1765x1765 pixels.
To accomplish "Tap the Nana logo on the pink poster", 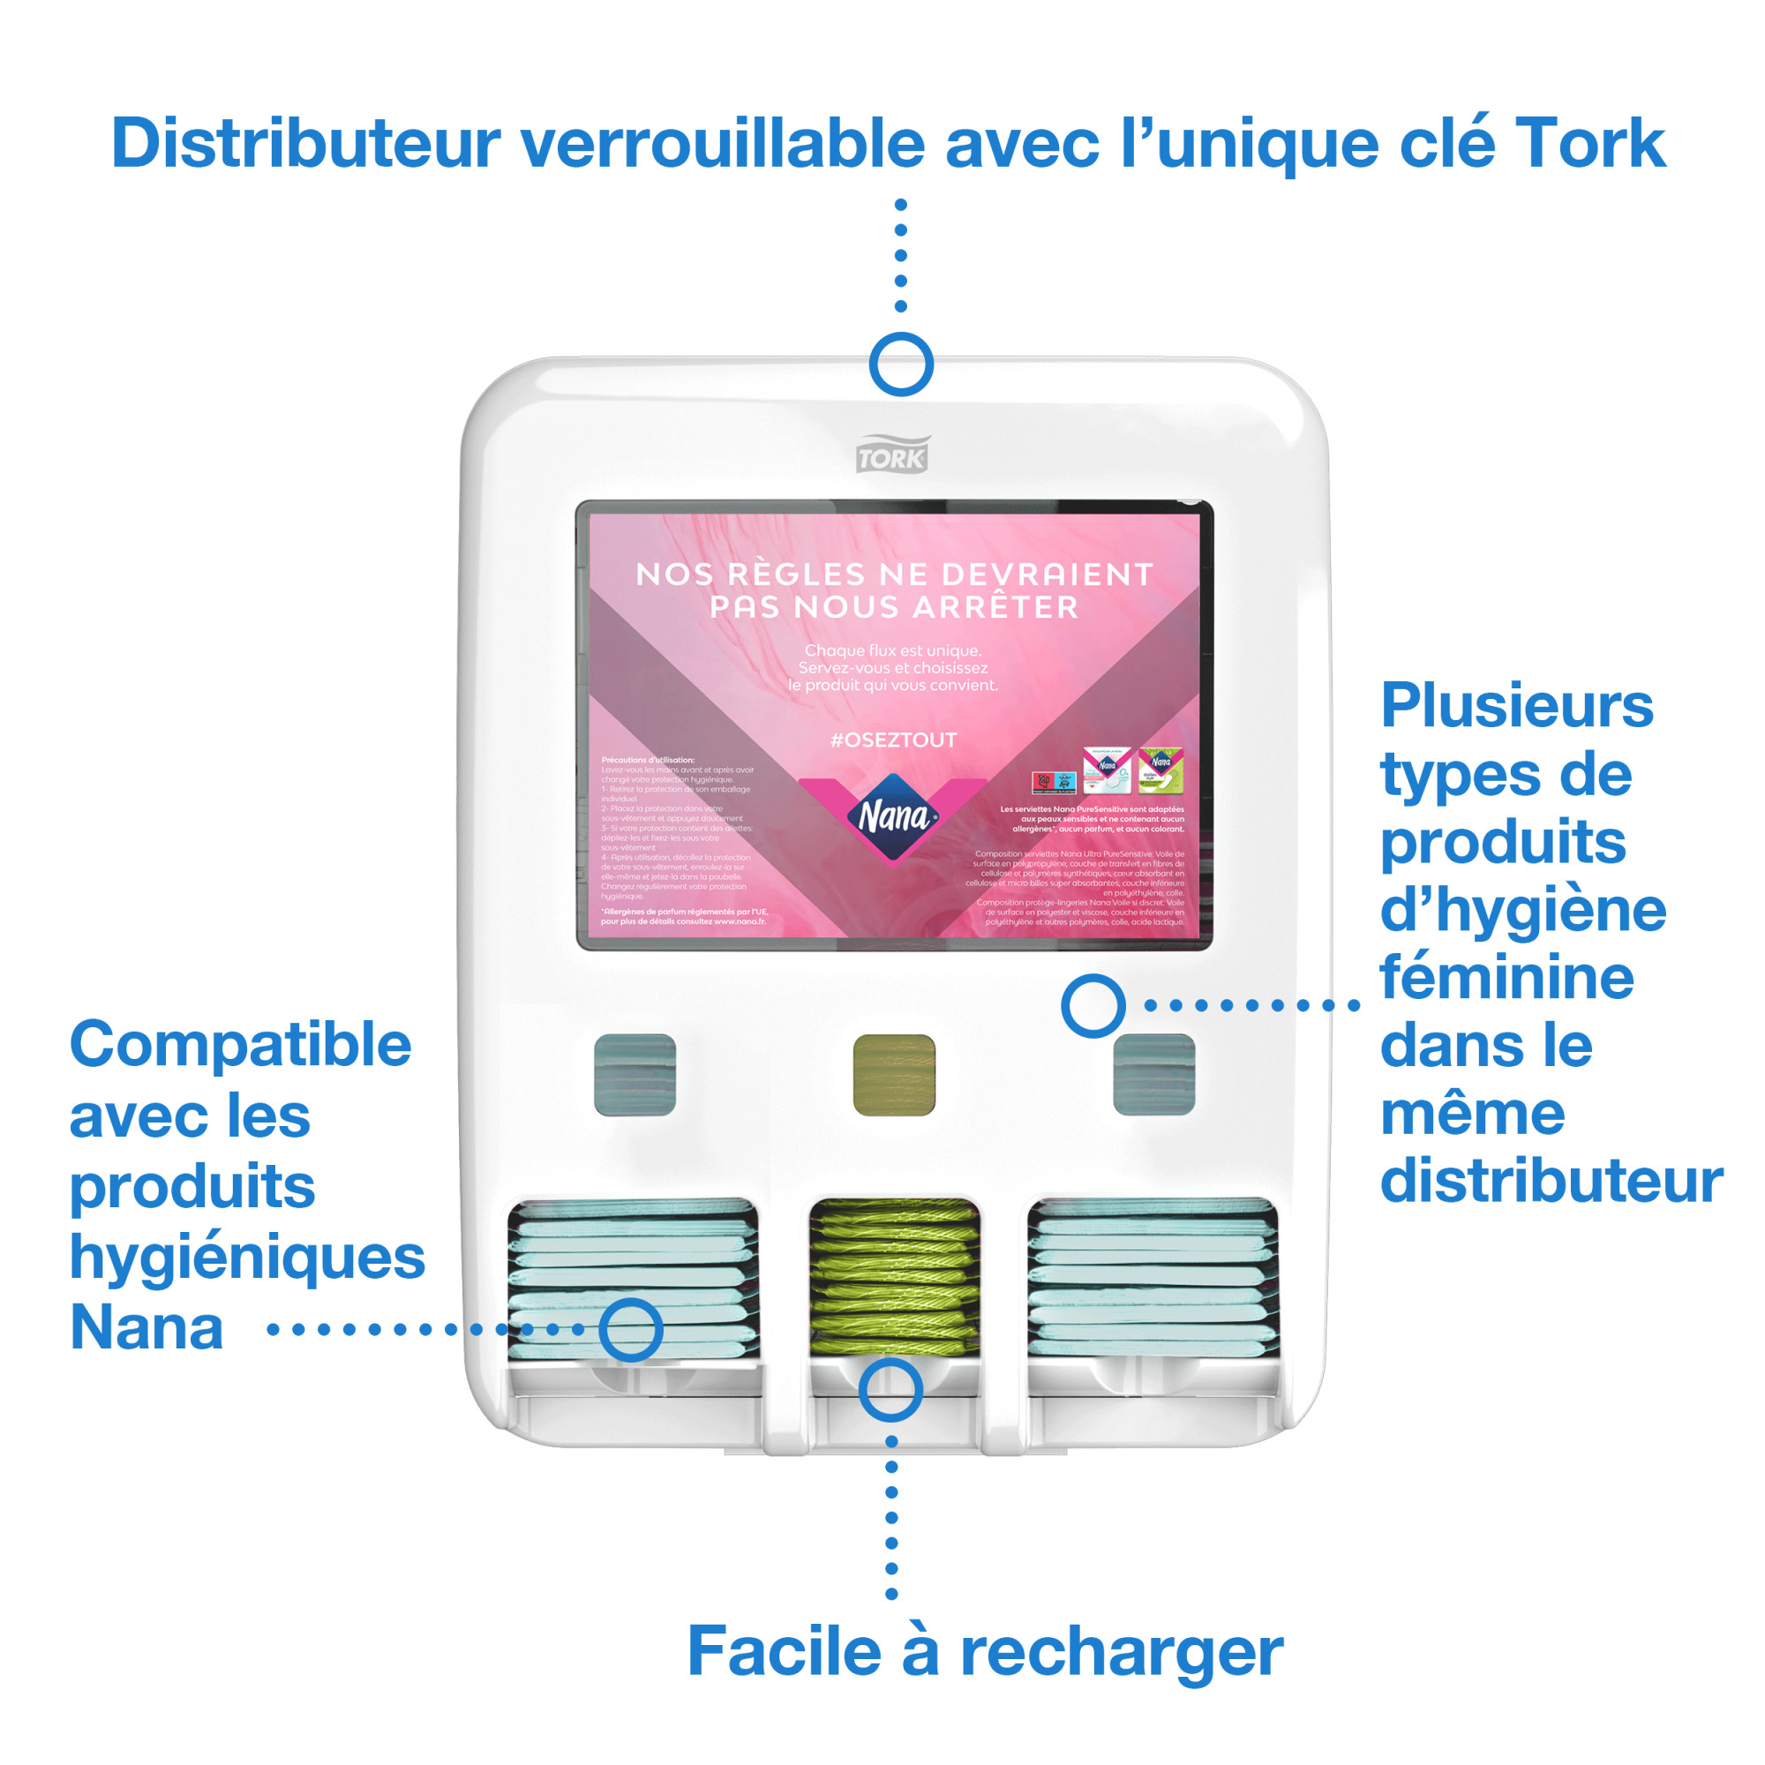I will (892, 815).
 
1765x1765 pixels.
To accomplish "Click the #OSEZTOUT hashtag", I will (892, 740).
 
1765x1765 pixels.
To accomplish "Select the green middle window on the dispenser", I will (893, 1074).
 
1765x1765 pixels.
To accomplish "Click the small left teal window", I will (635, 1074).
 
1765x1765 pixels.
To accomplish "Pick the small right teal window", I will (1153, 1074).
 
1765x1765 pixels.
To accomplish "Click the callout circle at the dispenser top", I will (901, 364).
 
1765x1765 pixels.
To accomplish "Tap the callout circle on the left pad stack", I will (630, 1329).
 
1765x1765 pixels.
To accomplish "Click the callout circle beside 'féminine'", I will (1093, 1005).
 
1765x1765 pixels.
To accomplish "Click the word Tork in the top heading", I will (1589, 144).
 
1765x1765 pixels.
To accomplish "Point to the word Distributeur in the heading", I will (305, 144).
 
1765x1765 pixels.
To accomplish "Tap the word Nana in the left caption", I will (146, 1326).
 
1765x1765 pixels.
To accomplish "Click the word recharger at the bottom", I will (1121, 1651).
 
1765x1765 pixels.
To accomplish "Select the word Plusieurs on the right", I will (1516, 705).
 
